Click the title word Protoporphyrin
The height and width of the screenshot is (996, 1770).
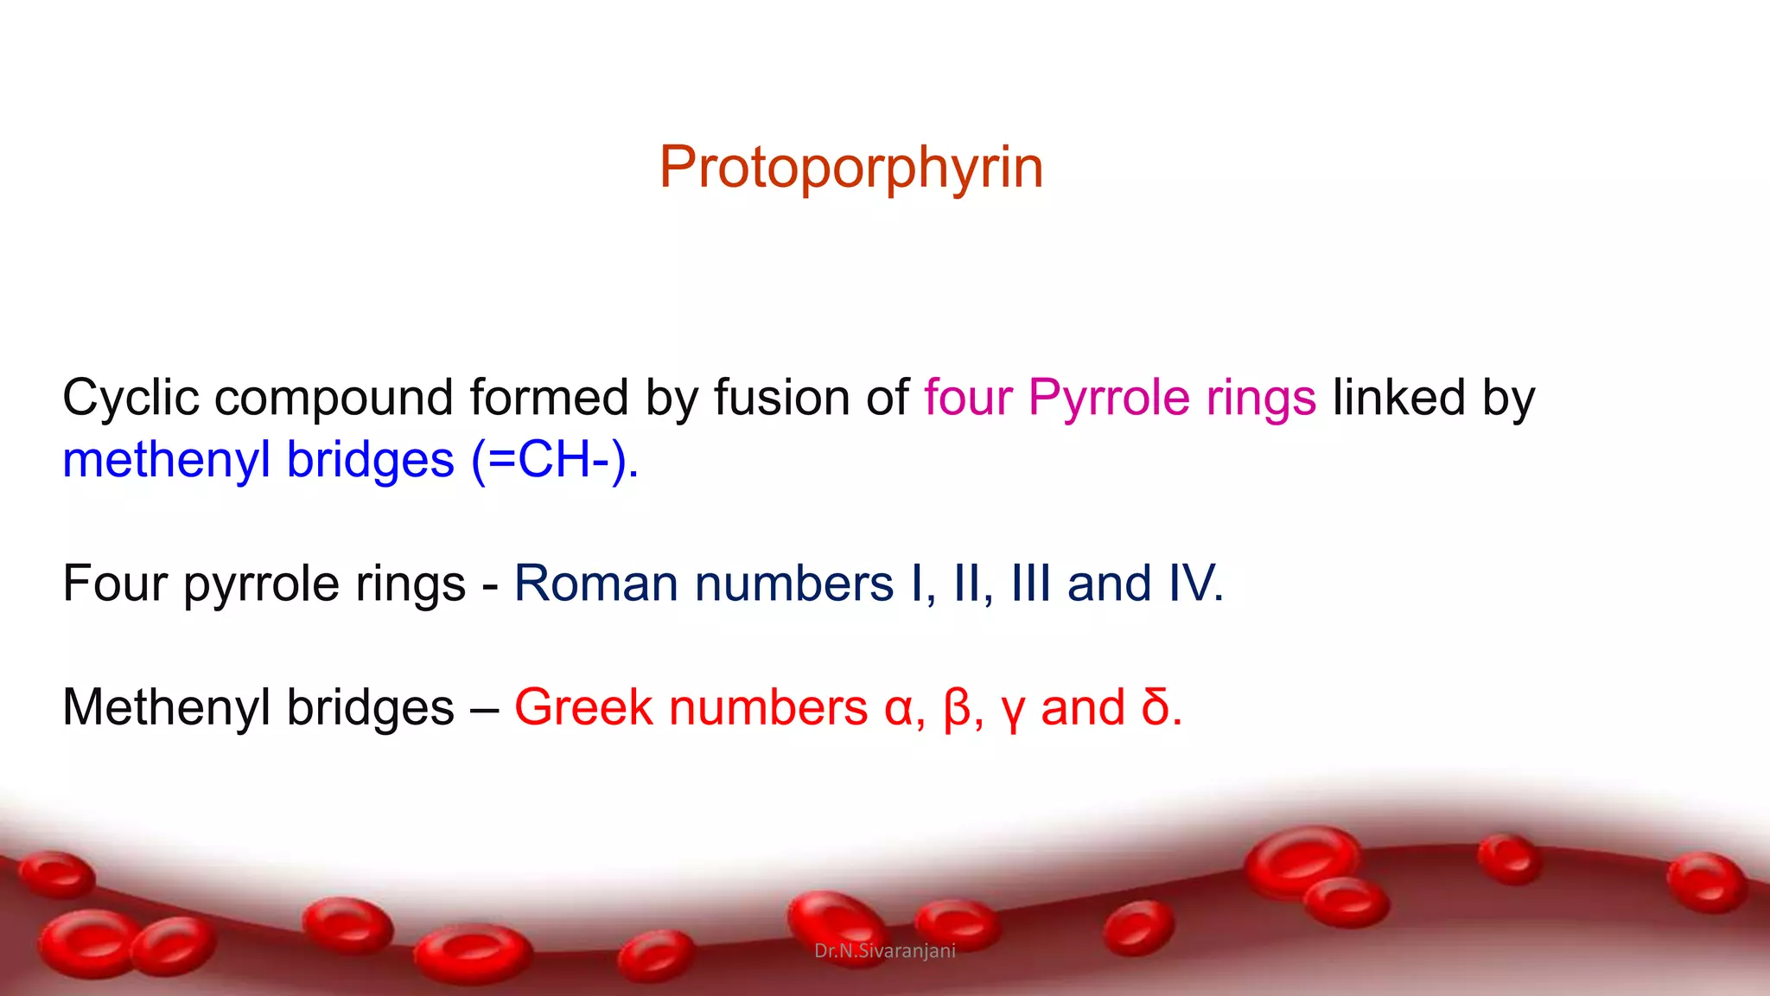click(x=851, y=167)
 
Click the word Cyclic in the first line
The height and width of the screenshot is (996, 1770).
click(x=131, y=399)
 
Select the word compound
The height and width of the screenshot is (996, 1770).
click(x=334, y=399)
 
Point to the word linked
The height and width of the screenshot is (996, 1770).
click(x=1398, y=399)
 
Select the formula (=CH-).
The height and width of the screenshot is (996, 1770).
click(x=555, y=460)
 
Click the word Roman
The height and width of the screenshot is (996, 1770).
click(x=595, y=584)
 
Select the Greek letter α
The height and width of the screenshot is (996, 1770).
click(x=900, y=708)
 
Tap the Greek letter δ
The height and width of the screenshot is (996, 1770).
click(x=1156, y=708)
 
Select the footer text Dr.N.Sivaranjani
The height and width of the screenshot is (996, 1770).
click(x=885, y=951)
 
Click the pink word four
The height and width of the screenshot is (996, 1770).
click(x=967, y=399)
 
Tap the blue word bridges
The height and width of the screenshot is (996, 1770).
click(x=370, y=460)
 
